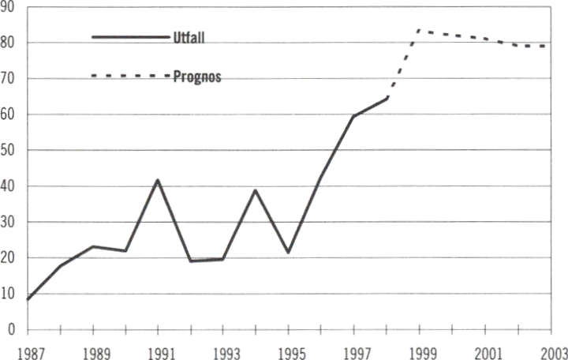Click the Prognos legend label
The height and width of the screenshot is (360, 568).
[x=196, y=78]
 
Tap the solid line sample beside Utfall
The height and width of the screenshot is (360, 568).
[x=130, y=37]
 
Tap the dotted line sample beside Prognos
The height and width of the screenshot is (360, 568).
[x=130, y=76]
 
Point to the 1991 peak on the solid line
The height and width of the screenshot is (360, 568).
[x=159, y=180]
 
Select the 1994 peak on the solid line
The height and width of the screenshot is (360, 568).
[x=256, y=190]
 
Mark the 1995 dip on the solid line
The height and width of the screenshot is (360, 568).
[x=289, y=253]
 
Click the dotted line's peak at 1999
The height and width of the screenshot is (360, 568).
[x=418, y=31]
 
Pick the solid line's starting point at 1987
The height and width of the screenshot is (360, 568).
[x=28, y=300]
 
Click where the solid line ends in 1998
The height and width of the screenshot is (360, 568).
[x=387, y=99]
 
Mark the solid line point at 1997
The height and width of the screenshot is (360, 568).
[x=353, y=116]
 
